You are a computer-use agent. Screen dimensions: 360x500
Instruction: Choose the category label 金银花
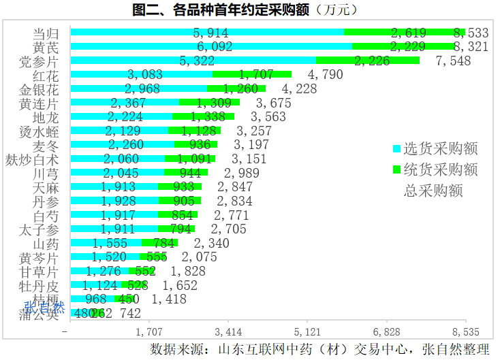point(39,89)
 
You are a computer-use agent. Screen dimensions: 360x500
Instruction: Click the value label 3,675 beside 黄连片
point(273,103)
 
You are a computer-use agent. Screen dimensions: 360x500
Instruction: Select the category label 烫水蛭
point(39,131)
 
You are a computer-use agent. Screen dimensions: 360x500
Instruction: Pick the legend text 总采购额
point(433,191)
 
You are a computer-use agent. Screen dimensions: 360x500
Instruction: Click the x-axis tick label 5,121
point(307,332)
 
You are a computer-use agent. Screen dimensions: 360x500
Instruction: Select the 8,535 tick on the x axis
point(465,332)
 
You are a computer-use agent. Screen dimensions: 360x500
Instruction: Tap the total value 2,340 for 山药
point(212,243)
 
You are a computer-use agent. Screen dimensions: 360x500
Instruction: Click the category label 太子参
point(39,229)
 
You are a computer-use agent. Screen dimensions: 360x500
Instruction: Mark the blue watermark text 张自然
point(45,307)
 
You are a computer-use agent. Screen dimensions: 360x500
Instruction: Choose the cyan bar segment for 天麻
point(114,187)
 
